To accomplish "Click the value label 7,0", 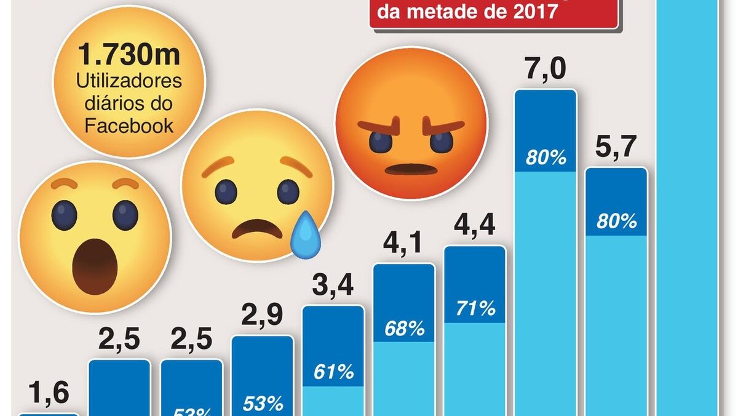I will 546,70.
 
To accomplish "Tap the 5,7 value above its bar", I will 616,148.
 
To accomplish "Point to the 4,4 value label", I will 474,227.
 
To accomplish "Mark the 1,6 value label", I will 49,394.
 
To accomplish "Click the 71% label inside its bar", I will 475,309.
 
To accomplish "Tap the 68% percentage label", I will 404,329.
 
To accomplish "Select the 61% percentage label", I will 333,372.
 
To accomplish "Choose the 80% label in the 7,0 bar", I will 546,158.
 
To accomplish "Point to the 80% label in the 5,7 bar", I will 616,222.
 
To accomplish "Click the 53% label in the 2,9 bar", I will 263,404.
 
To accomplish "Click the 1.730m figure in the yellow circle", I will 129,56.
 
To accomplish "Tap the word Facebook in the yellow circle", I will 129,126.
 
